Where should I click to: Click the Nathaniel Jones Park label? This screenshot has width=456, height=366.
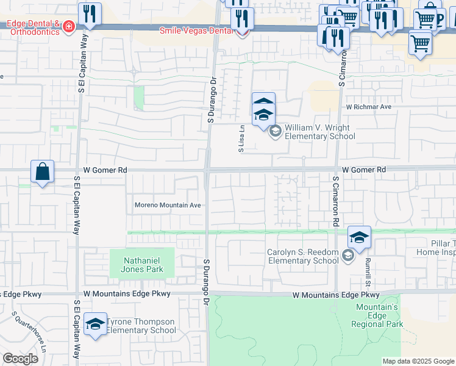pyautogui.click(x=141, y=264)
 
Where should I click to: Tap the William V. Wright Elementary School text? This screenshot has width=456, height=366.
pyautogui.click(x=319, y=132)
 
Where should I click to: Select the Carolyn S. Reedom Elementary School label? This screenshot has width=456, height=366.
pyautogui.click(x=302, y=256)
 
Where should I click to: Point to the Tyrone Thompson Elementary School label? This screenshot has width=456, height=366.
pyautogui.click(x=141, y=326)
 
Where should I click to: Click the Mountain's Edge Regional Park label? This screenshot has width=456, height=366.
pyautogui.click(x=377, y=316)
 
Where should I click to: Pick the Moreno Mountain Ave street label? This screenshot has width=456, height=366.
pyautogui.click(x=168, y=206)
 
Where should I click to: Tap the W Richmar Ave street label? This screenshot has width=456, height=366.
pyautogui.click(x=368, y=107)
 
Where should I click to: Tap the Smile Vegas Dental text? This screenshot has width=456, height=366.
pyautogui.click(x=197, y=30)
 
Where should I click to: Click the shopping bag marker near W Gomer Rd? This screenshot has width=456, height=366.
pyautogui.click(x=43, y=173)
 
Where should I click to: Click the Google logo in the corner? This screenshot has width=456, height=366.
pyautogui.click(x=20, y=359)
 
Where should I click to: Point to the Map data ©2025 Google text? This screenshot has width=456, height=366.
pyautogui.click(x=418, y=361)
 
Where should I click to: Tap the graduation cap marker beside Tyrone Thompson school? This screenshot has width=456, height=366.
pyautogui.click(x=95, y=325)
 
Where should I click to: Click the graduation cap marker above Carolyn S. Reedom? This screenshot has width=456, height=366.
pyautogui.click(x=359, y=238)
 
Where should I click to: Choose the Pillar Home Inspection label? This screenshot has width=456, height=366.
pyautogui.click(x=435, y=248)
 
